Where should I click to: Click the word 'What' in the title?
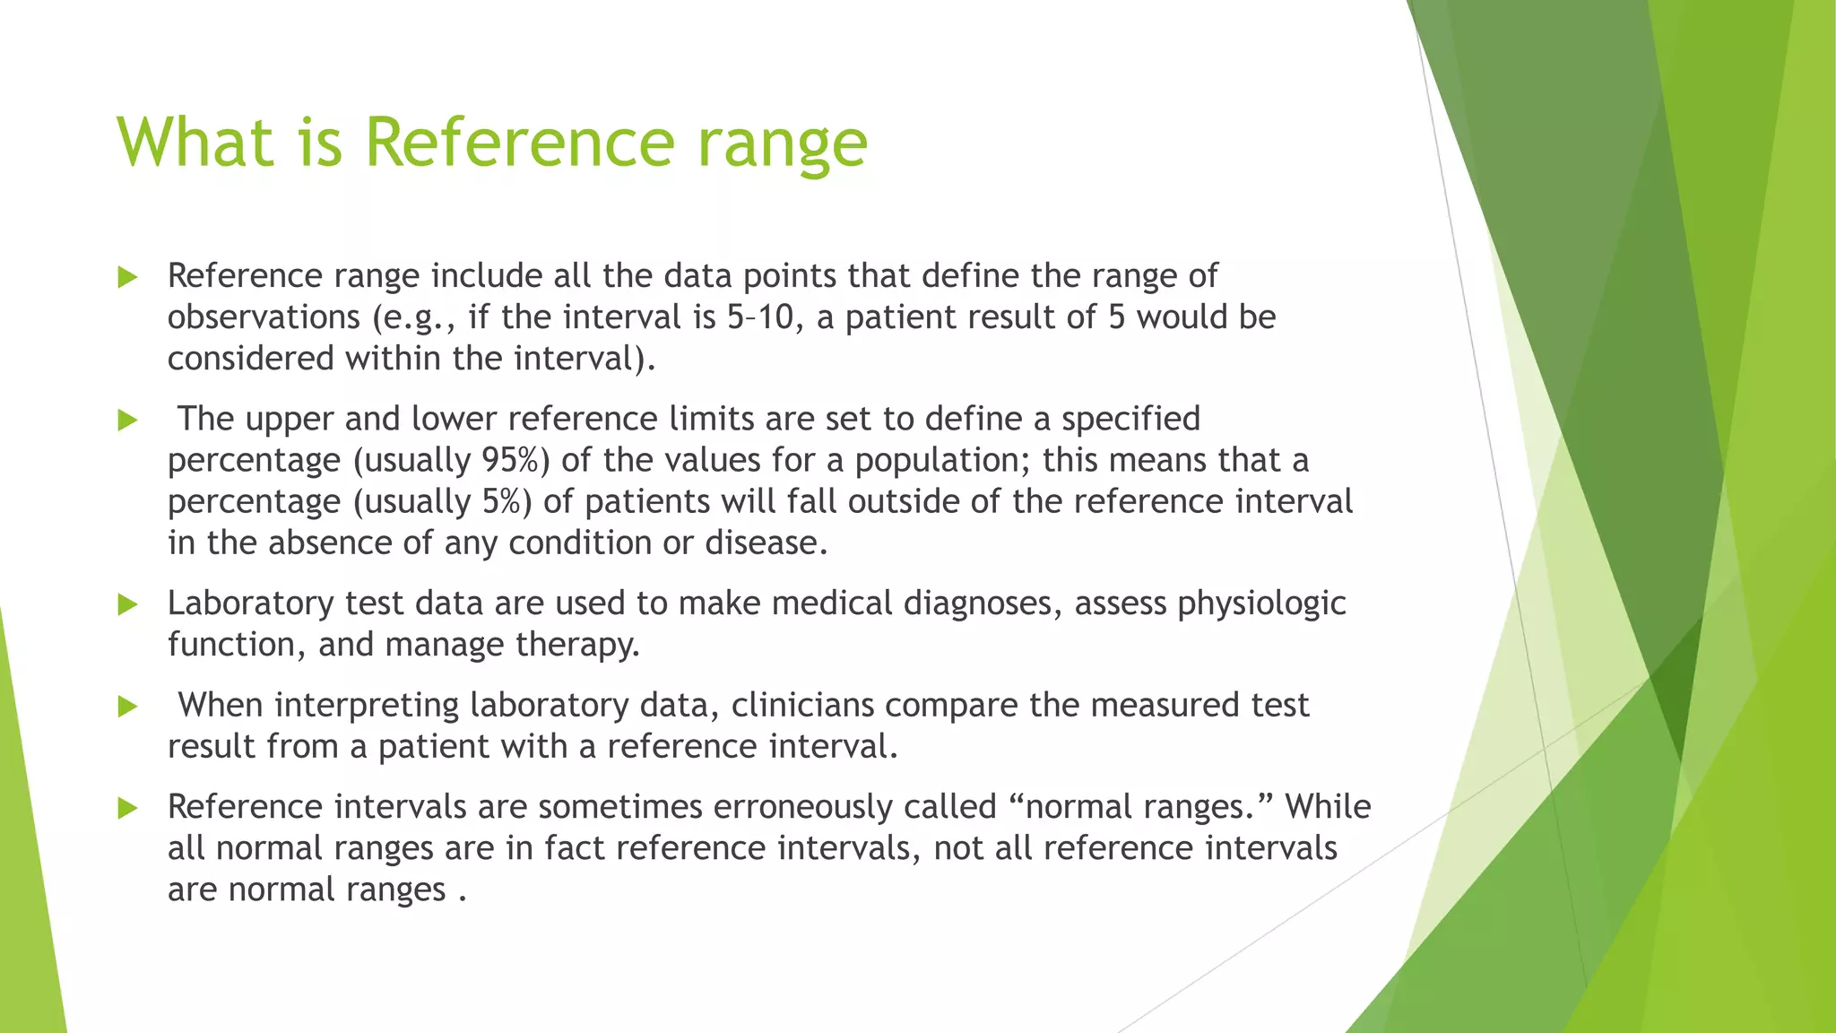[194, 142]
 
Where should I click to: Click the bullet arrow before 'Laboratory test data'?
[127, 605]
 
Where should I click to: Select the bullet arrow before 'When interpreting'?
[127, 707]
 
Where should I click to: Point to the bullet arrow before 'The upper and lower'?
[127, 421]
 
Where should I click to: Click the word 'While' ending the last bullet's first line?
[1328, 807]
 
